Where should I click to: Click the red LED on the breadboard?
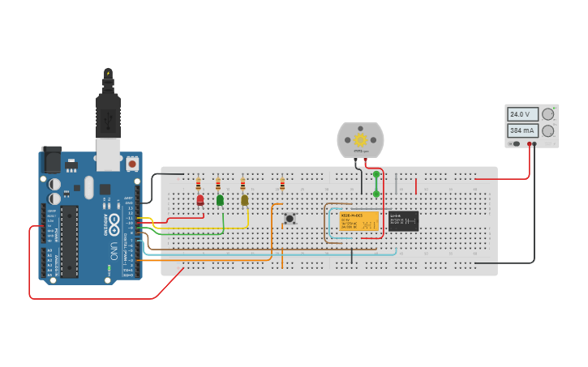click(x=200, y=199)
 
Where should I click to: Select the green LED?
click(x=220, y=199)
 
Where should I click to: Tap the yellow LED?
click(x=244, y=199)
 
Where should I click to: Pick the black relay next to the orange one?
click(x=403, y=221)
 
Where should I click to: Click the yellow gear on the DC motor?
click(x=360, y=139)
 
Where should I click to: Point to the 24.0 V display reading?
click(x=521, y=114)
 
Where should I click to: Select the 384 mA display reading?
click(x=521, y=130)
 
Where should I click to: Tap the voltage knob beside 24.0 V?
click(x=548, y=114)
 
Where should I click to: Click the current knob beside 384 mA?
click(x=548, y=130)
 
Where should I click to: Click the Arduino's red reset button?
click(x=132, y=164)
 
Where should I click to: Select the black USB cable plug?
click(x=108, y=113)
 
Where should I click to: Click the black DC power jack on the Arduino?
click(x=52, y=160)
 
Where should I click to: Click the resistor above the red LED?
click(x=199, y=183)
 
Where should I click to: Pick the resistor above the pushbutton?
click(x=282, y=184)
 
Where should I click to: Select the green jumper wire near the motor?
click(x=376, y=184)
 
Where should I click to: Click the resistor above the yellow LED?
click(x=242, y=183)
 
